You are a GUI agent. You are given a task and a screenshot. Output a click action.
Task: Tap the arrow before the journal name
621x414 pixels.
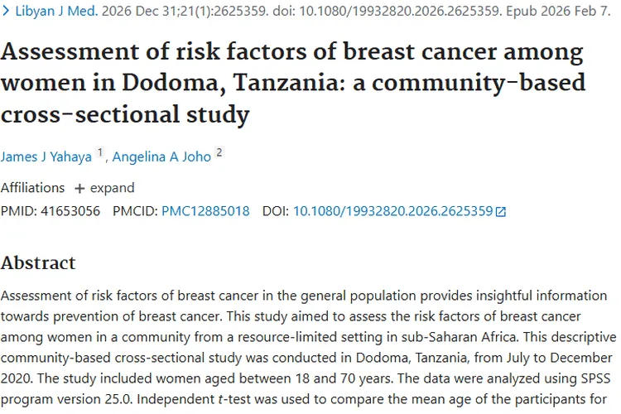pyautogui.click(x=7, y=12)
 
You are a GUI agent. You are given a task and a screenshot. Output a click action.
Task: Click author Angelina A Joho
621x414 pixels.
pyautogui.click(x=162, y=156)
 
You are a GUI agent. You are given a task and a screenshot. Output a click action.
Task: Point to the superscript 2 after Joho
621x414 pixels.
pyautogui.click(x=219, y=152)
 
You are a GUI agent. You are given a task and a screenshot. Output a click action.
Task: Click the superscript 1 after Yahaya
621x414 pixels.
pyautogui.click(x=100, y=152)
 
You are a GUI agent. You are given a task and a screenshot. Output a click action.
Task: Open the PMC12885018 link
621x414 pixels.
pyautogui.click(x=205, y=211)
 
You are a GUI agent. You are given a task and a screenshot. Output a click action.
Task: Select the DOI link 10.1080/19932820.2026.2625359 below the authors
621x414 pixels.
pyautogui.click(x=392, y=211)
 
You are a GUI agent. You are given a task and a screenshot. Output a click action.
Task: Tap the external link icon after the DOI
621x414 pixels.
pyautogui.click(x=501, y=212)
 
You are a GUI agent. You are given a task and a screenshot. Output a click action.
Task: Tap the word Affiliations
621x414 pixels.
pyautogui.click(x=32, y=187)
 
